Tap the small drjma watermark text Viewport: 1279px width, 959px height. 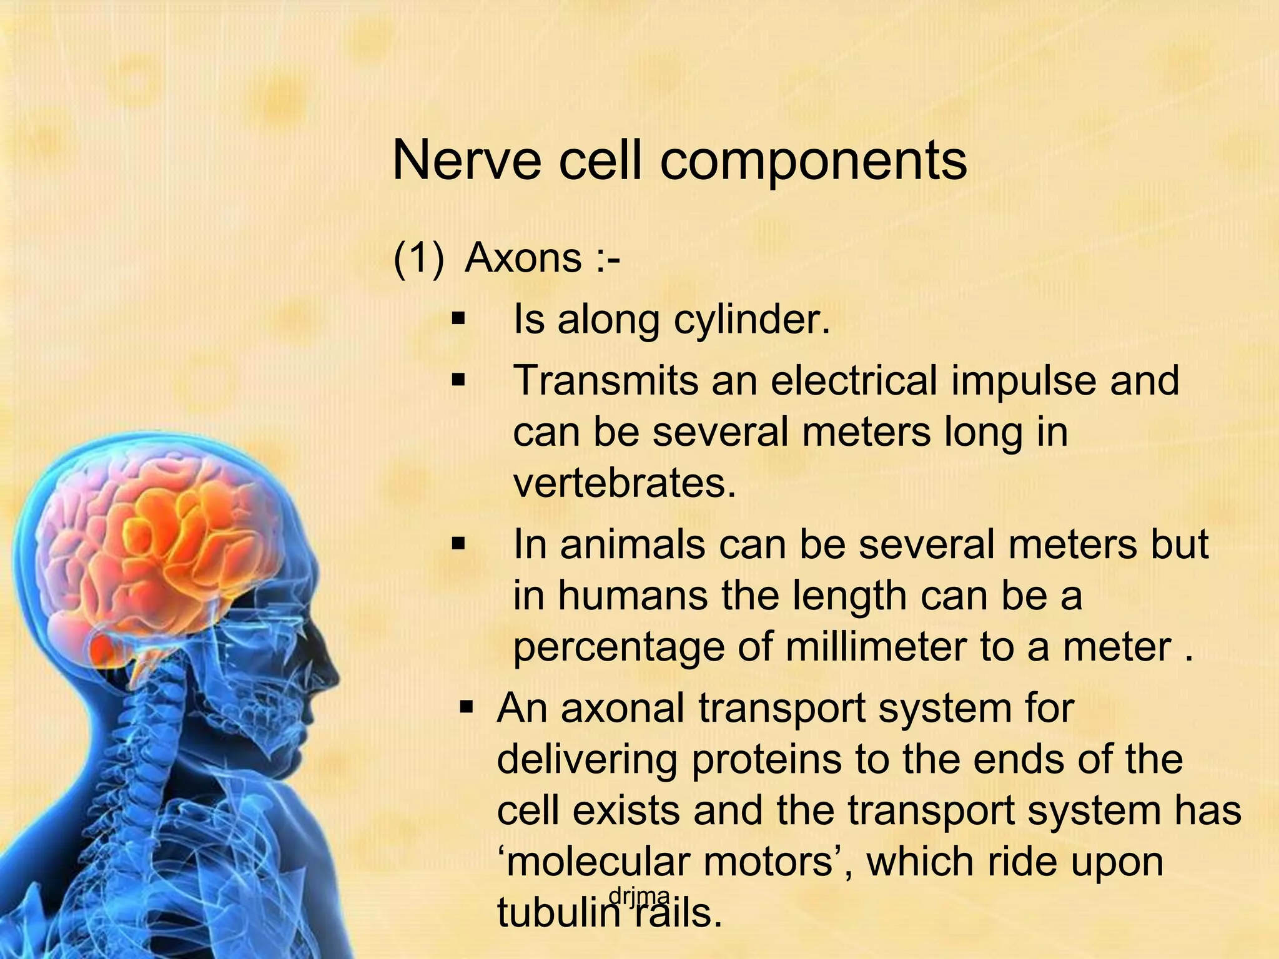639,897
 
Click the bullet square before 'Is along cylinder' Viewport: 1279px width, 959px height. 459,320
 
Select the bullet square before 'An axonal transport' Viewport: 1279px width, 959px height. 467,708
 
